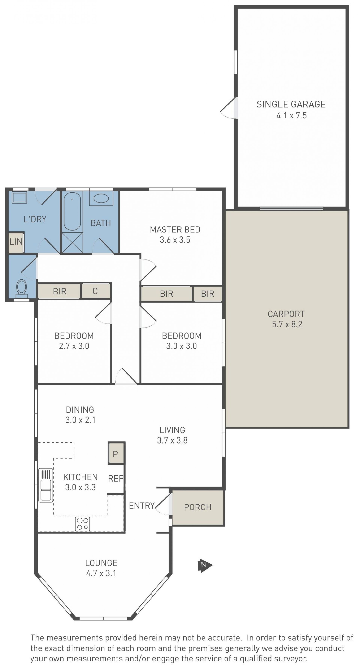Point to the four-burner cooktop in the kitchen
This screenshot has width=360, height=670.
tap(82, 524)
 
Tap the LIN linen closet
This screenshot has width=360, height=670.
tap(16, 242)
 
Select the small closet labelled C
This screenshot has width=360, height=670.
tap(95, 291)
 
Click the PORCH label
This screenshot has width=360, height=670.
tap(197, 507)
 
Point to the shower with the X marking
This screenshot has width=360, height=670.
tap(72, 242)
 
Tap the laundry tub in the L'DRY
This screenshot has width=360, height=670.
tap(19, 197)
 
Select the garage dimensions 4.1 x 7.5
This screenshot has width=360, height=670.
tap(291, 116)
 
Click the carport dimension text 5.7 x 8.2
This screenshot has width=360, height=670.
tap(287, 324)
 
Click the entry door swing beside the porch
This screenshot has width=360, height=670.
tap(163, 505)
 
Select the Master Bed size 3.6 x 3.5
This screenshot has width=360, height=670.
tap(175, 240)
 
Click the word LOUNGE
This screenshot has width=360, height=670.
tap(101, 563)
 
